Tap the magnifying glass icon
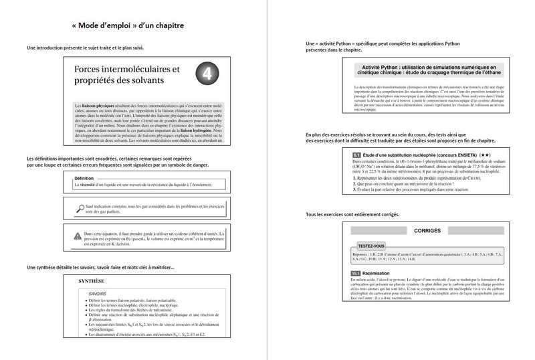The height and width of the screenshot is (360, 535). point(81,209)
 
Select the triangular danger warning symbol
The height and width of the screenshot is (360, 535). point(78,235)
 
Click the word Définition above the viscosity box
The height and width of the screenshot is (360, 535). point(84,179)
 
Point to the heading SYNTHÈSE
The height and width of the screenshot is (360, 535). point(92,282)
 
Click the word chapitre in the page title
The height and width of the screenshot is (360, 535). point(165,26)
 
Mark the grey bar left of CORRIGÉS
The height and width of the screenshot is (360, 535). point(374,231)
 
